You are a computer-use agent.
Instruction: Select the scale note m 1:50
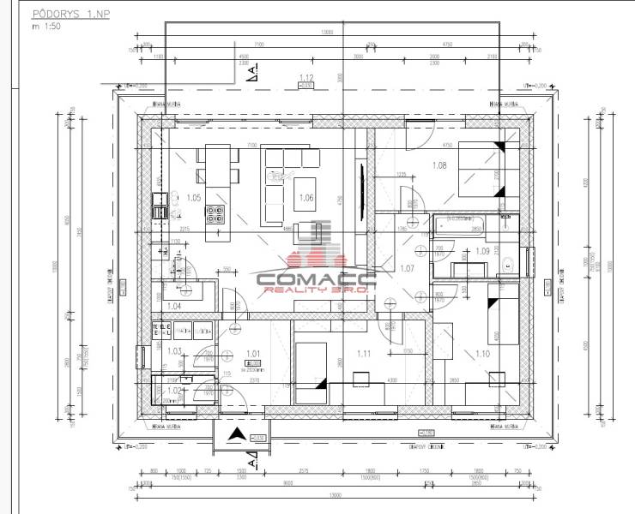tap(48, 27)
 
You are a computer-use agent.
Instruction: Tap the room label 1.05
tap(192, 198)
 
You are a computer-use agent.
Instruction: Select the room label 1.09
tap(482, 251)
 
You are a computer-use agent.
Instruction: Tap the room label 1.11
tap(363, 353)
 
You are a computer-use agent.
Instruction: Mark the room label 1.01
tap(253, 352)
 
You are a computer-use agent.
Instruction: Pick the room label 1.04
tap(173, 306)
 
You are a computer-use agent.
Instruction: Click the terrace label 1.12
tap(305, 78)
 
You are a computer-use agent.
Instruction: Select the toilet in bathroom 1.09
tap(506, 264)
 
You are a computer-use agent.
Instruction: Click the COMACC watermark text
tap(313, 278)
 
